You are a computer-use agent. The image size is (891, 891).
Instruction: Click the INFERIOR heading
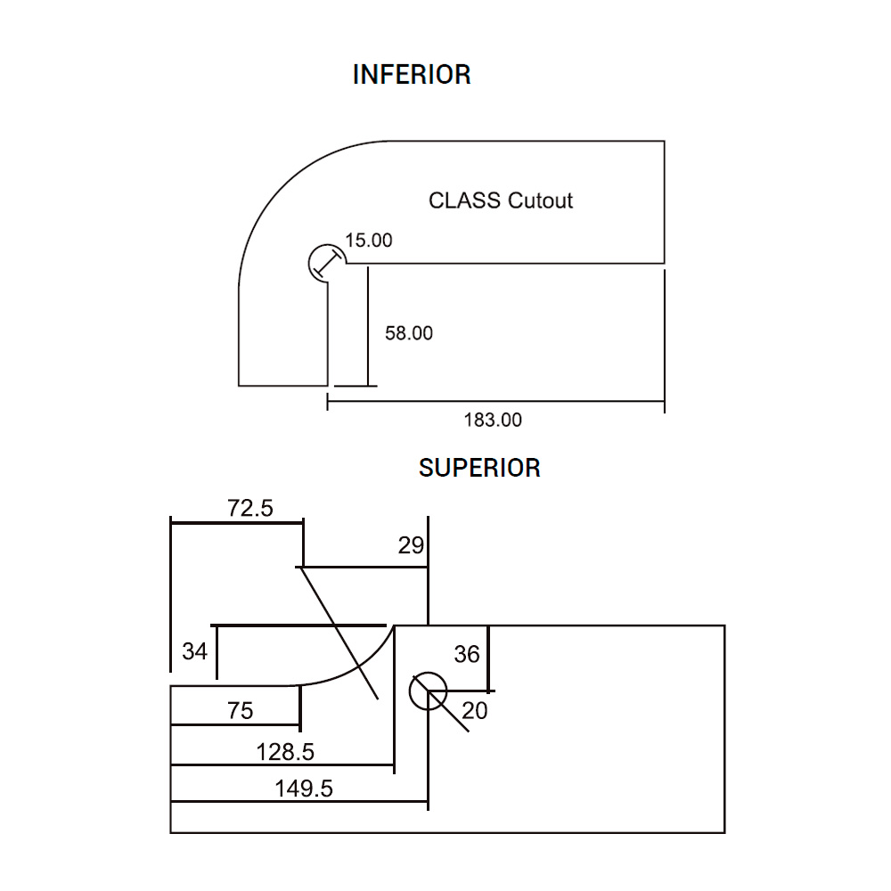tap(412, 75)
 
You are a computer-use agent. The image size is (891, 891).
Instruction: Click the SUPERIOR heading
tap(479, 468)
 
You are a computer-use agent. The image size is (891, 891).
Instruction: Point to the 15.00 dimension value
tap(369, 240)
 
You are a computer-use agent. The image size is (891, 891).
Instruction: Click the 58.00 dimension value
tap(409, 333)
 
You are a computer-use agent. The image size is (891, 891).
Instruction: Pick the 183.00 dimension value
tap(494, 420)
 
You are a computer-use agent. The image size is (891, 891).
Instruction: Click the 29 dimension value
tap(411, 545)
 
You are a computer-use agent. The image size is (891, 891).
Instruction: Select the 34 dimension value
tap(195, 651)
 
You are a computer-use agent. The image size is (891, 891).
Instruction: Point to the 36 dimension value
tap(467, 655)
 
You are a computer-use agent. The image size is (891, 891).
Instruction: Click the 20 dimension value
tap(476, 710)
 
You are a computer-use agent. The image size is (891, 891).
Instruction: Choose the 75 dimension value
tap(241, 710)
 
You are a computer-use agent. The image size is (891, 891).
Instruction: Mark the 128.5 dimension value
tap(285, 752)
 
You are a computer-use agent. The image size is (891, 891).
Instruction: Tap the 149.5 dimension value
tap(303, 789)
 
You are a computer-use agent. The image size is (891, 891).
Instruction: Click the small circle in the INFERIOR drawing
tap(325, 263)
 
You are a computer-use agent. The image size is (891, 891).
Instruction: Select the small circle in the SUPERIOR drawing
tap(428, 691)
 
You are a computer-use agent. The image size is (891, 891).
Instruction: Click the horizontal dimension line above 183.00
tap(495, 403)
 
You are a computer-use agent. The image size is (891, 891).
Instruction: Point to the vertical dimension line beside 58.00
tap(366, 325)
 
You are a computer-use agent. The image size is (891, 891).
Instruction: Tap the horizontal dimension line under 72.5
tap(236, 523)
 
